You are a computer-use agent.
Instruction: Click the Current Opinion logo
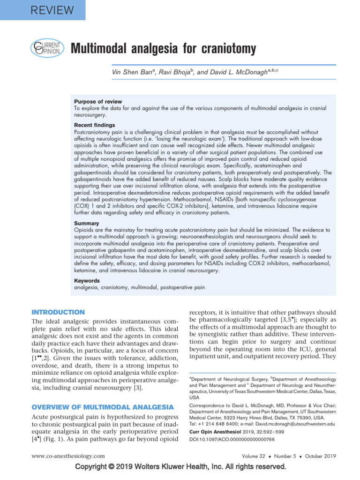click(x=45, y=48)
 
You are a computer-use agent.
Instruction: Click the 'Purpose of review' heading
click(x=98, y=101)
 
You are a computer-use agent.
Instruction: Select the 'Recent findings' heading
click(x=94, y=125)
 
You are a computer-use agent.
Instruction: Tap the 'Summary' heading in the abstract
click(x=87, y=224)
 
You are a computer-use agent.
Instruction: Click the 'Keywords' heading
click(x=87, y=281)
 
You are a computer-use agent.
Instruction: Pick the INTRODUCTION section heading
click(x=58, y=312)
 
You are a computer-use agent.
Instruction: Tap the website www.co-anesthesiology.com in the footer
click(x=68, y=456)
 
